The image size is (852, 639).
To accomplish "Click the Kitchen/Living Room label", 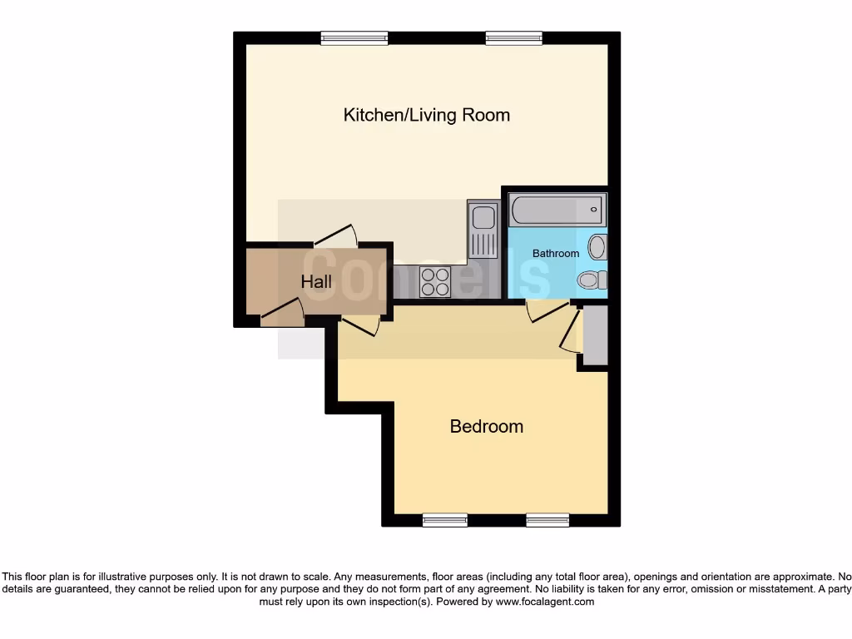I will [x=426, y=115].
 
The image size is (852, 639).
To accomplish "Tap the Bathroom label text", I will [x=556, y=253].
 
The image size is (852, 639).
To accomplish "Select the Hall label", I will [x=316, y=282].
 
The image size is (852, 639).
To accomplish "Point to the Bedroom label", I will [x=487, y=426].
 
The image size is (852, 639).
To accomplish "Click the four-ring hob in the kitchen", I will [x=434, y=281].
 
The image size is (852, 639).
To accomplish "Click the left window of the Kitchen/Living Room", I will [x=354, y=37].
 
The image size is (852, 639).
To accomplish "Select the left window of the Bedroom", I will [x=444, y=521].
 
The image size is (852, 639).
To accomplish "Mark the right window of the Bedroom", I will [x=547, y=521].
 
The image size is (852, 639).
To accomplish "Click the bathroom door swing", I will [x=545, y=311].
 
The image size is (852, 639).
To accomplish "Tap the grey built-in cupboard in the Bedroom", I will [x=595, y=335].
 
